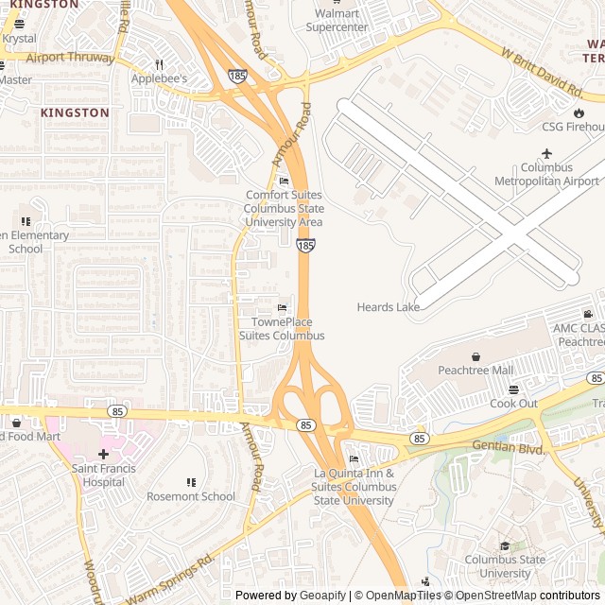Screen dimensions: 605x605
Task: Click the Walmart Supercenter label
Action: click(x=337, y=20)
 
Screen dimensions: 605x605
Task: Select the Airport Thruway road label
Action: click(x=70, y=58)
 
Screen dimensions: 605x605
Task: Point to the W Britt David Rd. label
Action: click(x=542, y=73)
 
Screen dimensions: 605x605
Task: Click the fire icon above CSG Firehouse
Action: click(x=579, y=112)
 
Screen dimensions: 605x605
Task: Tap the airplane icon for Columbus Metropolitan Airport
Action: click(x=546, y=153)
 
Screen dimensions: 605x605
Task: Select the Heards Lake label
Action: click(x=388, y=307)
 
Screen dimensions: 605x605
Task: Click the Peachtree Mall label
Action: click(x=475, y=370)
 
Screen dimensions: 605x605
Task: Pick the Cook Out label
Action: click(x=513, y=404)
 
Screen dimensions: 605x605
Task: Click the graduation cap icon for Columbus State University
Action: click(x=505, y=545)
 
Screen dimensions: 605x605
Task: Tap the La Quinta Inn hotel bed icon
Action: click(x=354, y=458)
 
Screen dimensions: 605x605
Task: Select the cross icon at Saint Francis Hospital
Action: click(x=103, y=454)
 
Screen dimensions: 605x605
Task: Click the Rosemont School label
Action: click(x=191, y=496)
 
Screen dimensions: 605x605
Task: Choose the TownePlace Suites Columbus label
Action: click(x=281, y=329)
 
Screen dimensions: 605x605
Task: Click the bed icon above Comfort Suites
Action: click(x=284, y=181)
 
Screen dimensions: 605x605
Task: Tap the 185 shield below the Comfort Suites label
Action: click(x=305, y=245)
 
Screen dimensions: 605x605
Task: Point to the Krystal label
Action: click(x=19, y=39)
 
